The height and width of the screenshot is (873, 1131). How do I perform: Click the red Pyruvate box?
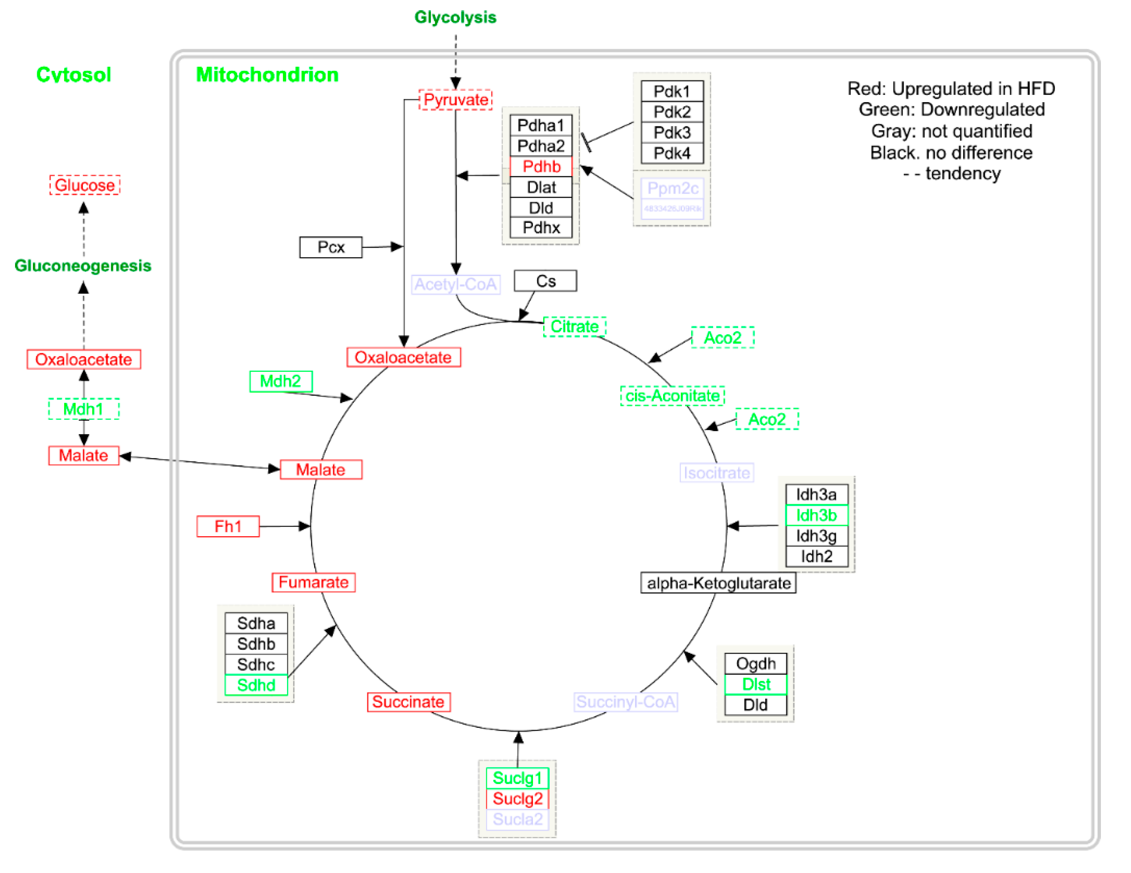point(455,100)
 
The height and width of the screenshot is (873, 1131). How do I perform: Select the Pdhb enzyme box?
point(541,166)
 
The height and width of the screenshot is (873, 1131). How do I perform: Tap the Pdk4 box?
point(672,153)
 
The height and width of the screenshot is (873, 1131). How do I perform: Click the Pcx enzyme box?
point(331,247)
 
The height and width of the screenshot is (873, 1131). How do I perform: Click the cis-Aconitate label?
point(672,396)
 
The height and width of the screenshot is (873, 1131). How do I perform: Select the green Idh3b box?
point(816,515)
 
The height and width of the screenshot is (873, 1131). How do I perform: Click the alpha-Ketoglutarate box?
point(718,583)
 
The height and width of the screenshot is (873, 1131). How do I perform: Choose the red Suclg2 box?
point(518,799)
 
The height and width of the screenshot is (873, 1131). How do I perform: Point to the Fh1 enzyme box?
point(228,526)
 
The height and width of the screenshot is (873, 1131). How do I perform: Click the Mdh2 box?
point(280,381)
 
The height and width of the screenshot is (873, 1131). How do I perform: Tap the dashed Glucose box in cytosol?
point(85,185)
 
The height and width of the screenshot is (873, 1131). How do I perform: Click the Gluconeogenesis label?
point(83,265)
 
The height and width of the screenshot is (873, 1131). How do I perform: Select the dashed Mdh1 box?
point(83,409)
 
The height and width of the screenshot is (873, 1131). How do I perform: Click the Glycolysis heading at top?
point(455,17)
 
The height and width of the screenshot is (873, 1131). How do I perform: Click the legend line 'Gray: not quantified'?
point(951,131)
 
